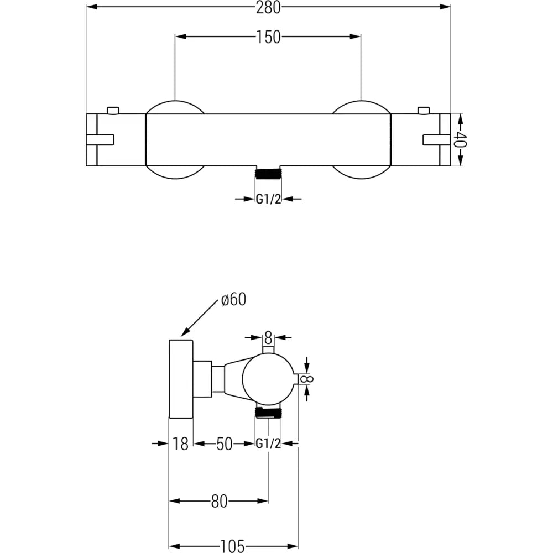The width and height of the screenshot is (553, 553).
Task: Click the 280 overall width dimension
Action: (269, 7)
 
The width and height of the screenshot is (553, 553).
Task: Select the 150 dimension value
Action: (268, 37)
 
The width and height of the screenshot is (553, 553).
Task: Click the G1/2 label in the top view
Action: (268, 199)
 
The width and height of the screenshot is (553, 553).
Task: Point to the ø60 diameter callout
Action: (233, 300)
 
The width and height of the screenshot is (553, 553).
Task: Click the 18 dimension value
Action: (180, 444)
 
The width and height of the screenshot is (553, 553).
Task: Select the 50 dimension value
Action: (224, 444)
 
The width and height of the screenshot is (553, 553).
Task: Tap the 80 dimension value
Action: (219, 502)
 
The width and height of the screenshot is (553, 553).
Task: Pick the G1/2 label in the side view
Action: (268, 444)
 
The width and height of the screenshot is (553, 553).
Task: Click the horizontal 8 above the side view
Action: (268, 336)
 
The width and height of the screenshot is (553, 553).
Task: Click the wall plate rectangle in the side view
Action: (180, 379)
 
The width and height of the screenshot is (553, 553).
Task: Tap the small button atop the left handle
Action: (113, 110)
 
